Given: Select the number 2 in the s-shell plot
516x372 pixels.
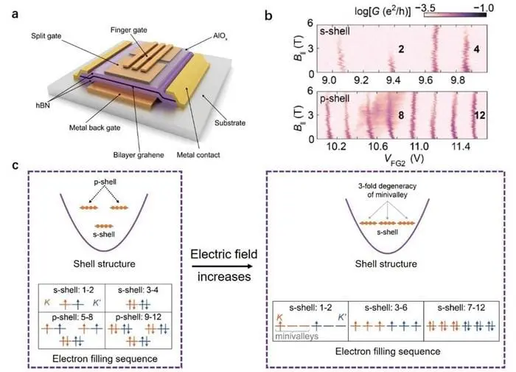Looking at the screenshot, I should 400,49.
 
